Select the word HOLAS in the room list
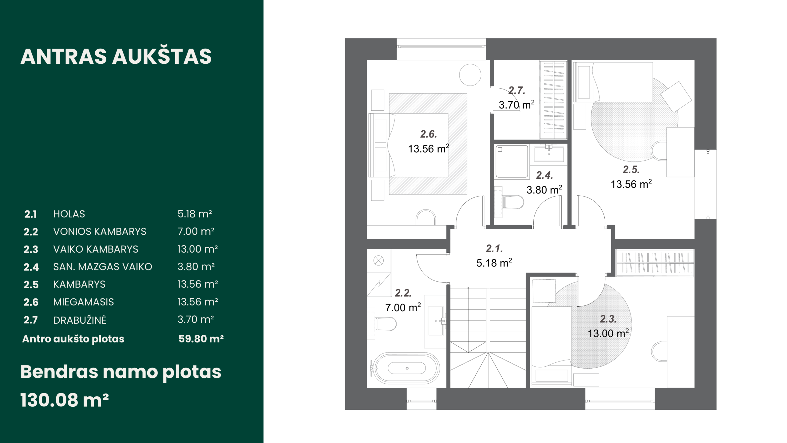click(69, 214)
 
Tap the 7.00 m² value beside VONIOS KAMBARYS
click(196, 231)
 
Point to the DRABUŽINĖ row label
click(80, 320)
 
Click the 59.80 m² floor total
click(201, 339)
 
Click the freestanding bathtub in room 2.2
click(405, 368)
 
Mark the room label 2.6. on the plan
click(429, 134)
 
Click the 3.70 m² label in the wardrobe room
click(516, 105)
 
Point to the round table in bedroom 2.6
click(470, 75)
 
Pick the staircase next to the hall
click(488, 337)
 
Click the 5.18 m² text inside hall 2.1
click(494, 263)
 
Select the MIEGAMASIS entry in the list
click(83, 302)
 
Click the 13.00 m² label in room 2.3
click(608, 333)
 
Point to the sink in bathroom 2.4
click(549, 154)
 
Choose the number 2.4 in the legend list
click(31, 267)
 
